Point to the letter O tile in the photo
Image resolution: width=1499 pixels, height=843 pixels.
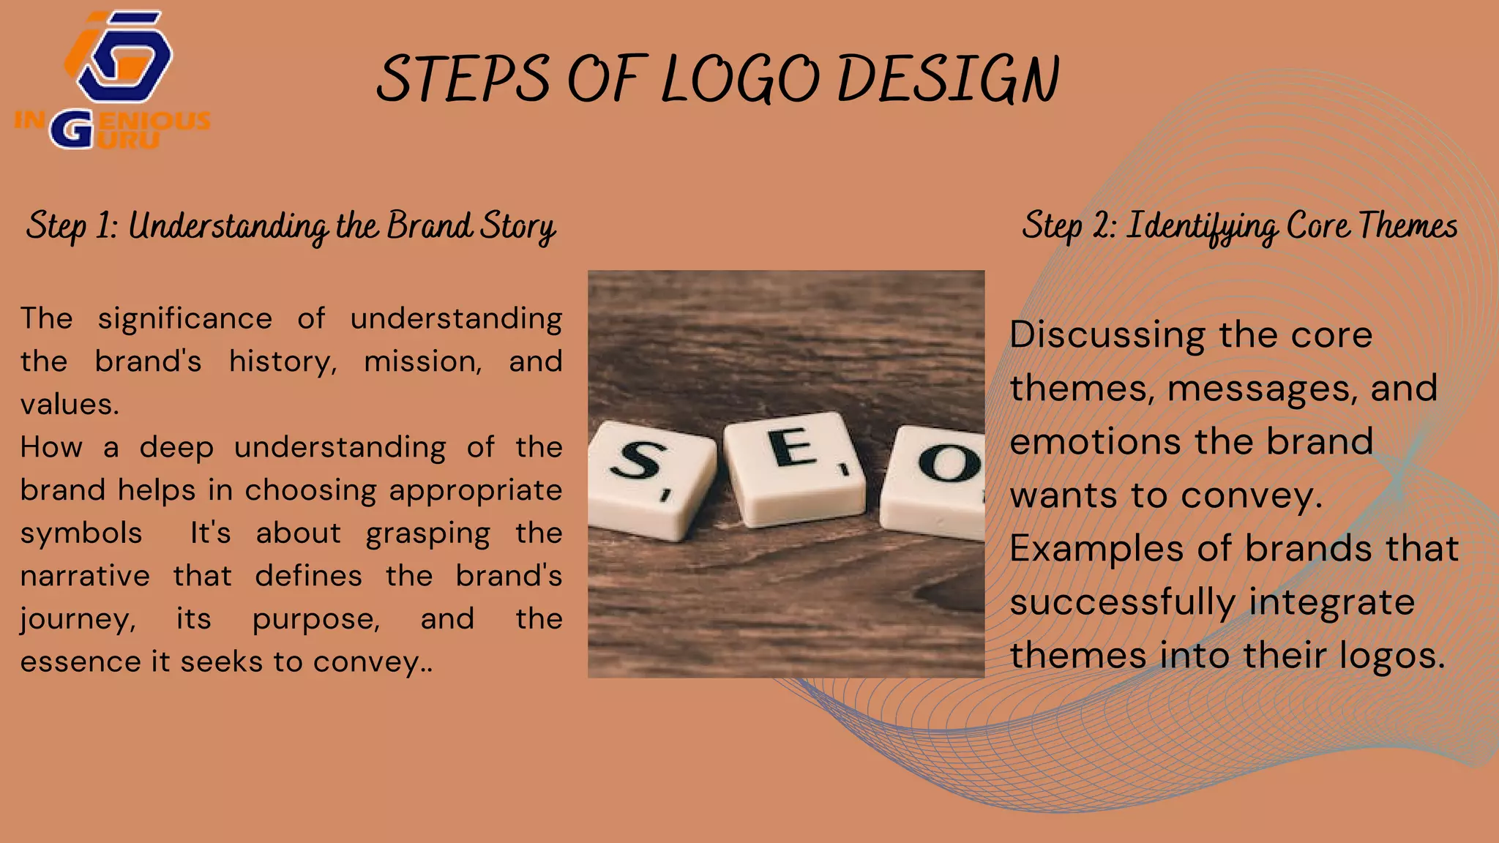[x=937, y=479]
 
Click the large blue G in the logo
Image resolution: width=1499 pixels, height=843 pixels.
[x=72, y=130]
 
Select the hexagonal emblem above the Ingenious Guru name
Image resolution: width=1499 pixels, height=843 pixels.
[x=121, y=55]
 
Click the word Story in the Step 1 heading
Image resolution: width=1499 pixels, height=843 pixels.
[x=517, y=227]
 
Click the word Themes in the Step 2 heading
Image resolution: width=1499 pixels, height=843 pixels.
[x=1408, y=225]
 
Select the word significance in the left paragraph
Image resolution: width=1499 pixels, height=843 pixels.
[x=185, y=319]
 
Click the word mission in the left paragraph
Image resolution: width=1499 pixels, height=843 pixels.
[x=423, y=361]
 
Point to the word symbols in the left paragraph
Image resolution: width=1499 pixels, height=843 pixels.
[x=81, y=533]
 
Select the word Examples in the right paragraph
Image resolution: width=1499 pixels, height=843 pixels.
[x=1096, y=549]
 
